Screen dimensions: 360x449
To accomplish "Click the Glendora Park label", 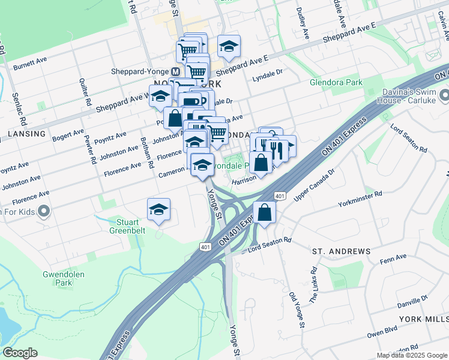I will click(x=337, y=82).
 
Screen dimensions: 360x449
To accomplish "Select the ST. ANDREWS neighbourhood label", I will click(x=341, y=251).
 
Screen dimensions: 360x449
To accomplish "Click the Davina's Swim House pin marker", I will click(x=444, y=95).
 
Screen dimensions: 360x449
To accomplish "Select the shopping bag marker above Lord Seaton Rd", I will click(x=264, y=212).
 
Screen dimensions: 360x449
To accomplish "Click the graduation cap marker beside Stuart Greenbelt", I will click(x=158, y=209).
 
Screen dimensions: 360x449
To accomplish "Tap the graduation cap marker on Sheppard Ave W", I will click(x=160, y=96).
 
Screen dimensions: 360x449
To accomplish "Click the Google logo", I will click(x=20, y=353).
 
